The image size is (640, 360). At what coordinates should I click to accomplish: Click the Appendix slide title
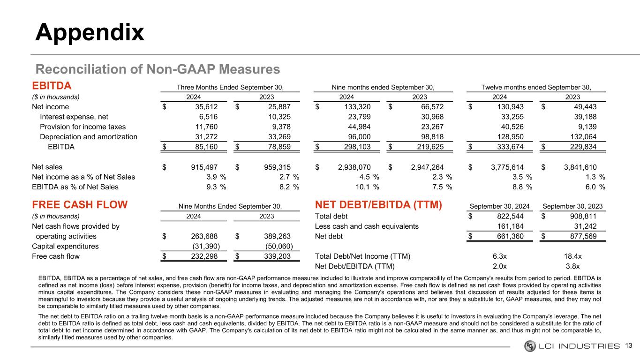click(90, 33)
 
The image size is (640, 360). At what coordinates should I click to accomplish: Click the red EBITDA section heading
click(52, 86)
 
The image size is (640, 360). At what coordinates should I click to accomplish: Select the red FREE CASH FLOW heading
click(80, 205)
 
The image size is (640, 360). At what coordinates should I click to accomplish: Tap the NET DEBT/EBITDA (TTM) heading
click(378, 205)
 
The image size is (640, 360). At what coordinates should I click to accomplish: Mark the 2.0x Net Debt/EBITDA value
click(499, 266)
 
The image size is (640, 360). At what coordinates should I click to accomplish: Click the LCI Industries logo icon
click(530, 346)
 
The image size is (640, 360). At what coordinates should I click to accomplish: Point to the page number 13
click(629, 346)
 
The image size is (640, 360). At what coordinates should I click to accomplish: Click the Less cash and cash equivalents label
click(367, 226)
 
